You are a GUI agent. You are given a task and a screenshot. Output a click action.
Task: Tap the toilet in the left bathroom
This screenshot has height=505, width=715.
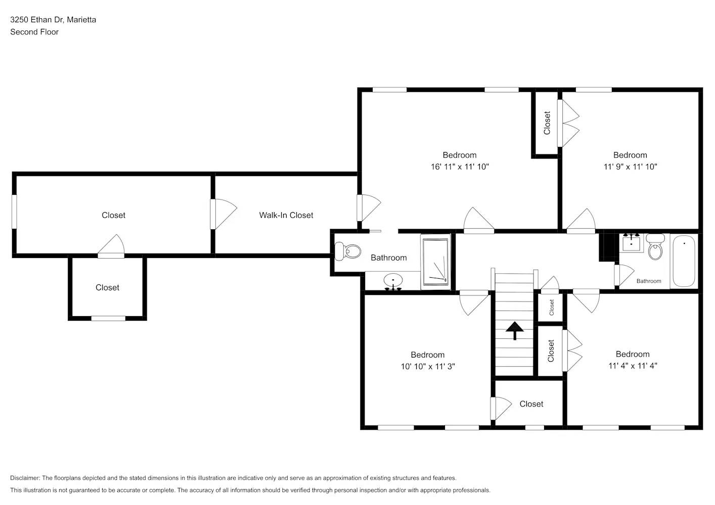point(348,251)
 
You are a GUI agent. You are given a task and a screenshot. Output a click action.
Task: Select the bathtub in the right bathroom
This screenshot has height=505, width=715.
point(684,261)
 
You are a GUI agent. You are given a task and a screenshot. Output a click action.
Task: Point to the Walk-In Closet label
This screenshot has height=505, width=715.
point(286,215)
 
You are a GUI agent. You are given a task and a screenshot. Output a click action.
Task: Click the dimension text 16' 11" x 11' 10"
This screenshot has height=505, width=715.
point(459,167)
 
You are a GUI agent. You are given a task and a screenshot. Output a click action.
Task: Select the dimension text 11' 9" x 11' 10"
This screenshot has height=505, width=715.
point(630,167)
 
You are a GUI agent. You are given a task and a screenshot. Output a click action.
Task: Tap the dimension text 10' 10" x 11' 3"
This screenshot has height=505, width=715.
point(428,367)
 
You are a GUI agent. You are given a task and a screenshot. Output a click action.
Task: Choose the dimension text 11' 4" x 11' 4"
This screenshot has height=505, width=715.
point(633,366)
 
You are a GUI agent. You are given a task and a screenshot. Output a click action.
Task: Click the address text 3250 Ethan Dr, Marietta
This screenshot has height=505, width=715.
point(53,20)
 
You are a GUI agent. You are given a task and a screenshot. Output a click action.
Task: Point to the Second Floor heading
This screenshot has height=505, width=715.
point(34,32)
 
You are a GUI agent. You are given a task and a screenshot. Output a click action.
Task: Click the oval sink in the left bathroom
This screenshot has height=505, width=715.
point(392,281)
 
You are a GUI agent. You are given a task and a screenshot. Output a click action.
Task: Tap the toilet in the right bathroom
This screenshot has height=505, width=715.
point(655,247)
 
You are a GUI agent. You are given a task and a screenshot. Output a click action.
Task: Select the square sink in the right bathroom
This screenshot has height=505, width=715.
point(632,243)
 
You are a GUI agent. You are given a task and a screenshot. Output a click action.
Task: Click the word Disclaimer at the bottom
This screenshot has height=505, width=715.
point(25,478)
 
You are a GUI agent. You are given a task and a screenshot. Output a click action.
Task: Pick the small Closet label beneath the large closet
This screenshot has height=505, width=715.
point(107,287)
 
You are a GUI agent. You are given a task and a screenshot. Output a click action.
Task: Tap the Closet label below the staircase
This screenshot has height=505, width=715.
point(531,404)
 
